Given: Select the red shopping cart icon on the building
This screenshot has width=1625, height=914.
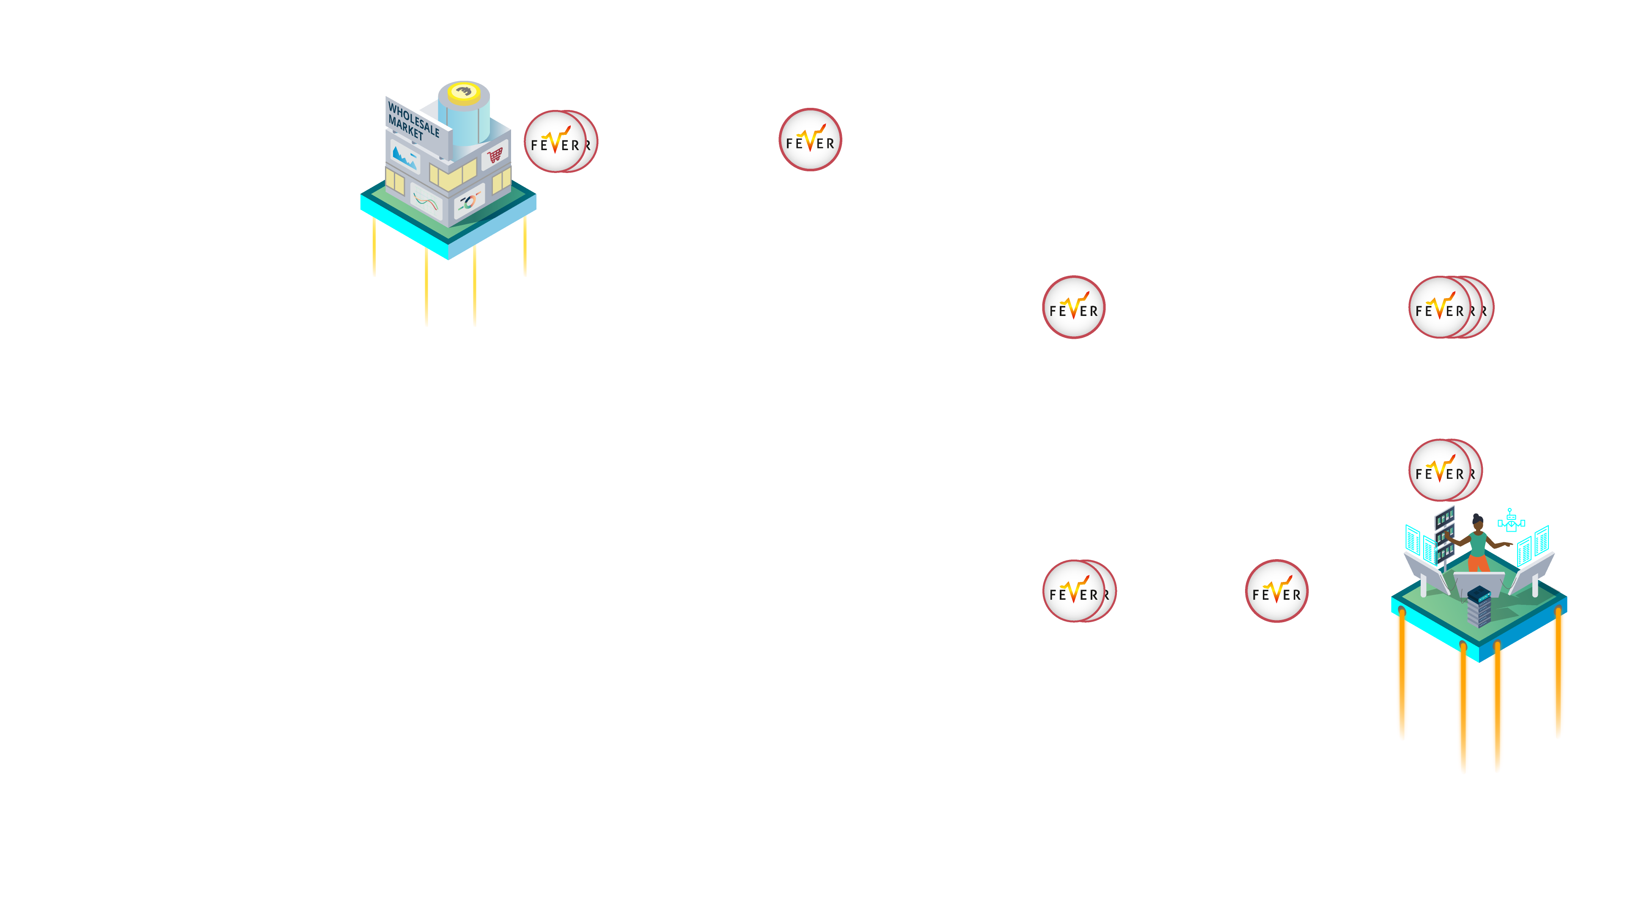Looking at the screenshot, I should point(495,154).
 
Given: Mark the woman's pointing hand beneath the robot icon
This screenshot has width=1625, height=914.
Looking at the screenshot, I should point(1508,544).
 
